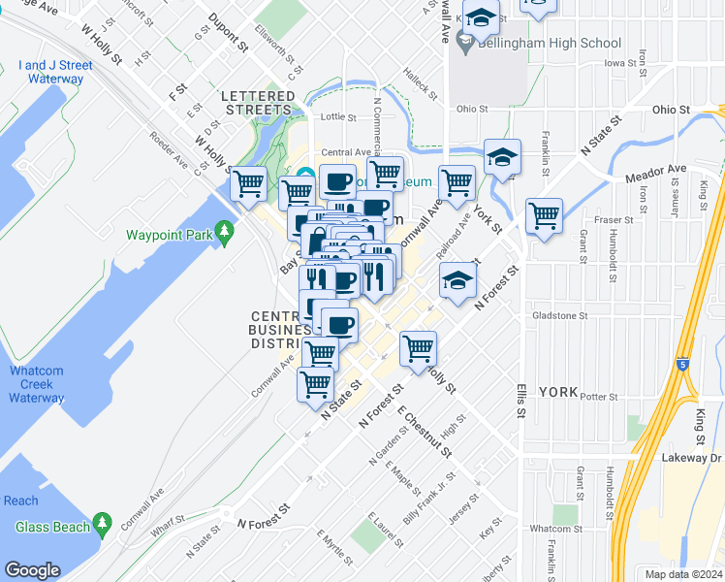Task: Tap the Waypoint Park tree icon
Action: coord(225,233)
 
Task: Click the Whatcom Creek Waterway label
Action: coord(37,384)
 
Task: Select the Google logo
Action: coord(33,569)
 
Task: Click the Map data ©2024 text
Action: coord(684,574)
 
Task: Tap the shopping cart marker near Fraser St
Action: coord(544,215)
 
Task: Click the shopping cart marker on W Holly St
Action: coord(249,181)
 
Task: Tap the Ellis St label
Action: coord(520,400)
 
